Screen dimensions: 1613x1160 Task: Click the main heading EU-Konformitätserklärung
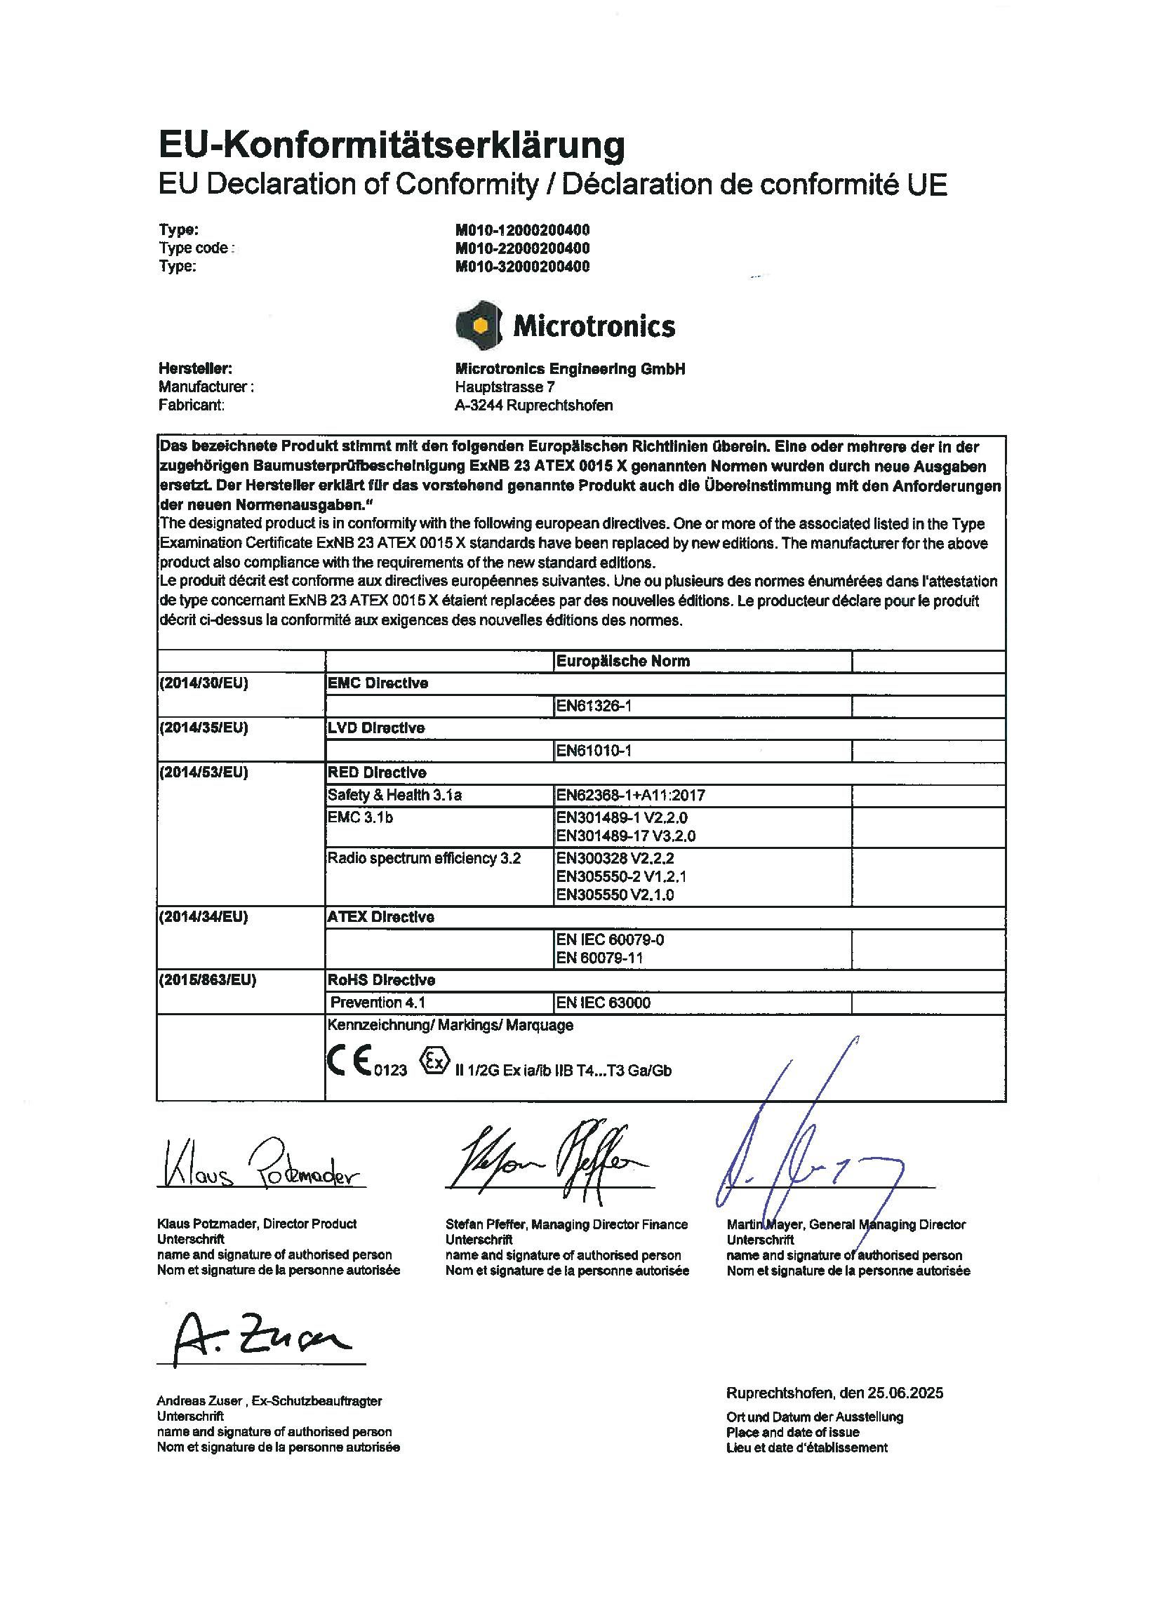click(391, 145)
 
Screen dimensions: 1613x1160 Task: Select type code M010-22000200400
click(522, 248)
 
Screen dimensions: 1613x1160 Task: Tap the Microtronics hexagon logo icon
click(479, 325)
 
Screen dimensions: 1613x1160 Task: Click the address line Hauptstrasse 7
click(505, 387)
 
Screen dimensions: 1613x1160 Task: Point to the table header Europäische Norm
click(622, 661)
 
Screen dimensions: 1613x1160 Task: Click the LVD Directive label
click(375, 728)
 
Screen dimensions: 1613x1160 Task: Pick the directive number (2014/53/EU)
click(204, 772)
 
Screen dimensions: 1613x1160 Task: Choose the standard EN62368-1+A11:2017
click(630, 795)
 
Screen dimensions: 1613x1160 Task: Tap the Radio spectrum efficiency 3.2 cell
click(424, 858)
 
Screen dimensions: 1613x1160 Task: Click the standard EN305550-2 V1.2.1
click(621, 876)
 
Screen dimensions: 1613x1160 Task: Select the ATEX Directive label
click(380, 917)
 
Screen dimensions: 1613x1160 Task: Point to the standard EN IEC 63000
click(603, 1002)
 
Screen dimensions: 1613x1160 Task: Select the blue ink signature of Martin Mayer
click(804, 1152)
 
